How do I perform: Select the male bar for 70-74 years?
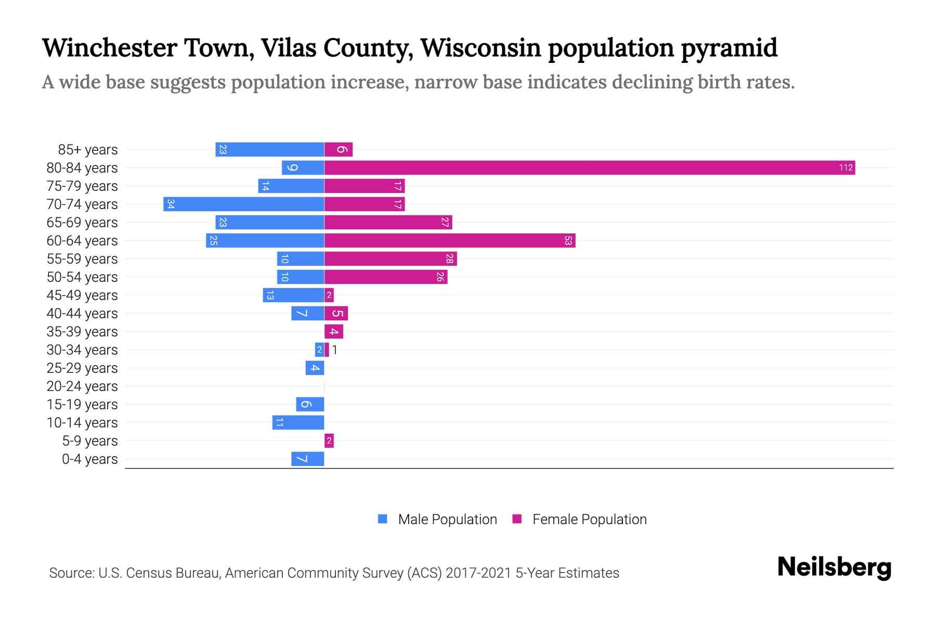point(243,204)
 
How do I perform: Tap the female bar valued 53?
point(449,240)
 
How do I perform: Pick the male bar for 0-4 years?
point(308,459)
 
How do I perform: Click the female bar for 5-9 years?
point(329,441)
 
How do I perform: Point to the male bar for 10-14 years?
point(298,422)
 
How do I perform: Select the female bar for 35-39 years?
point(334,332)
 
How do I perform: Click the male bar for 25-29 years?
point(315,368)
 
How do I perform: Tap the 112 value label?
point(846,167)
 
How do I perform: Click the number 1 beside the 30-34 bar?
point(335,350)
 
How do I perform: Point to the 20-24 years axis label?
point(82,386)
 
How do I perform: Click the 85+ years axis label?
point(88,150)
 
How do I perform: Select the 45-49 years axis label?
point(82,295)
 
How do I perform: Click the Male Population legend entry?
point(447,519)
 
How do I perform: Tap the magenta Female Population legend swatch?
point(517,519)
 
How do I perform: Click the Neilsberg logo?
point(834,567)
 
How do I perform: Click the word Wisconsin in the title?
point(481,48)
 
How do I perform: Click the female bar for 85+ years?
point(339,150)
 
